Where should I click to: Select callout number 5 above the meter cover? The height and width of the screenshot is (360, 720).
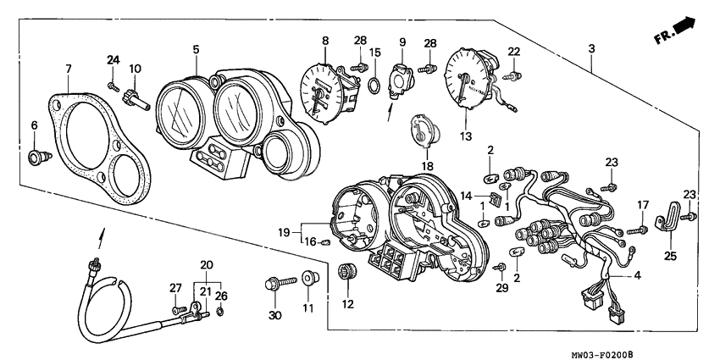click(x=197, y=49)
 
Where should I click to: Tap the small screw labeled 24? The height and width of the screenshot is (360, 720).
click(x=112, y=85)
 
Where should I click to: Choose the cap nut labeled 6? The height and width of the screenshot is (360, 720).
click(x=36, y=157)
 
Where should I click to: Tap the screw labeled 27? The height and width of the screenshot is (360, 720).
click(x=177, y=311)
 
